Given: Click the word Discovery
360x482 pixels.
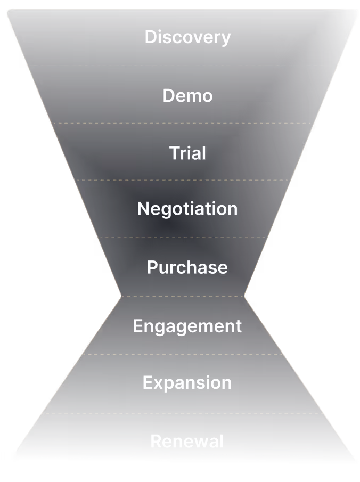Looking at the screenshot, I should [x=187, y=37].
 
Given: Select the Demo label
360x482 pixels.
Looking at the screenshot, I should [x=187, y=96].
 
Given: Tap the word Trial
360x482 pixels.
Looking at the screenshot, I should [x=187, y=153].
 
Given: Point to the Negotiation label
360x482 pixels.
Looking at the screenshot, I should [x=187, y=208].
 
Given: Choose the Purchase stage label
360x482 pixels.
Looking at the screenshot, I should [x=187, y=267].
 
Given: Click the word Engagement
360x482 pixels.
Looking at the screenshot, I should [x=187, y=326].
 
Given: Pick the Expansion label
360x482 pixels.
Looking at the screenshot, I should [x=187, y=382].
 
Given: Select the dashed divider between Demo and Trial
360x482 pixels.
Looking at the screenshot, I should [x=184, y=124].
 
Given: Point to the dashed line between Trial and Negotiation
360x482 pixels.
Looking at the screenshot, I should [x=184, y=180].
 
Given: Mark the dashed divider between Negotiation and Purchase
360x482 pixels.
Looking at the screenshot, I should [x=184, y=238].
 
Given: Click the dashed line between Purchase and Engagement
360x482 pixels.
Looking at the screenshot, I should [x=184, y=296].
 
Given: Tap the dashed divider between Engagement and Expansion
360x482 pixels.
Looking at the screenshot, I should [x=184, y=354].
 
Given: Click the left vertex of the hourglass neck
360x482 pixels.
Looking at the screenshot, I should [x=121, y=296].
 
